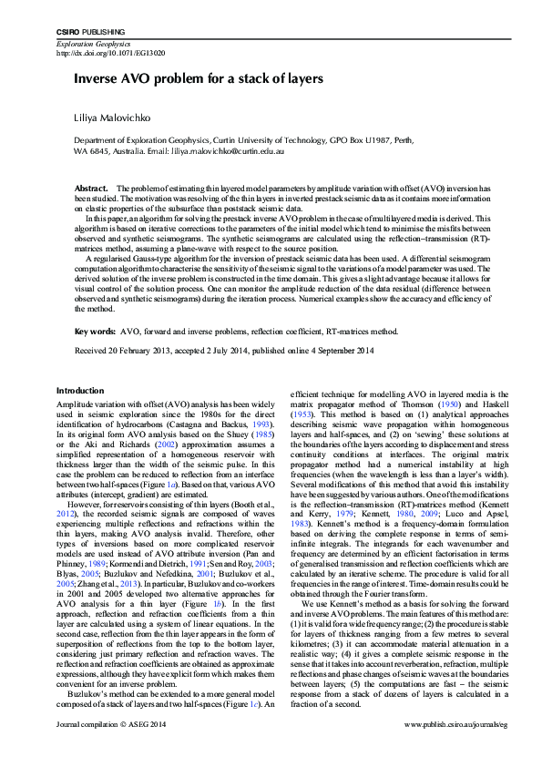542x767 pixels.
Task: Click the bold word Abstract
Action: (91, 187)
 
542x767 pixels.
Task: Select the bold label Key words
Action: (95, 332)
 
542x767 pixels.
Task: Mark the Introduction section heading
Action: (80, 390)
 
